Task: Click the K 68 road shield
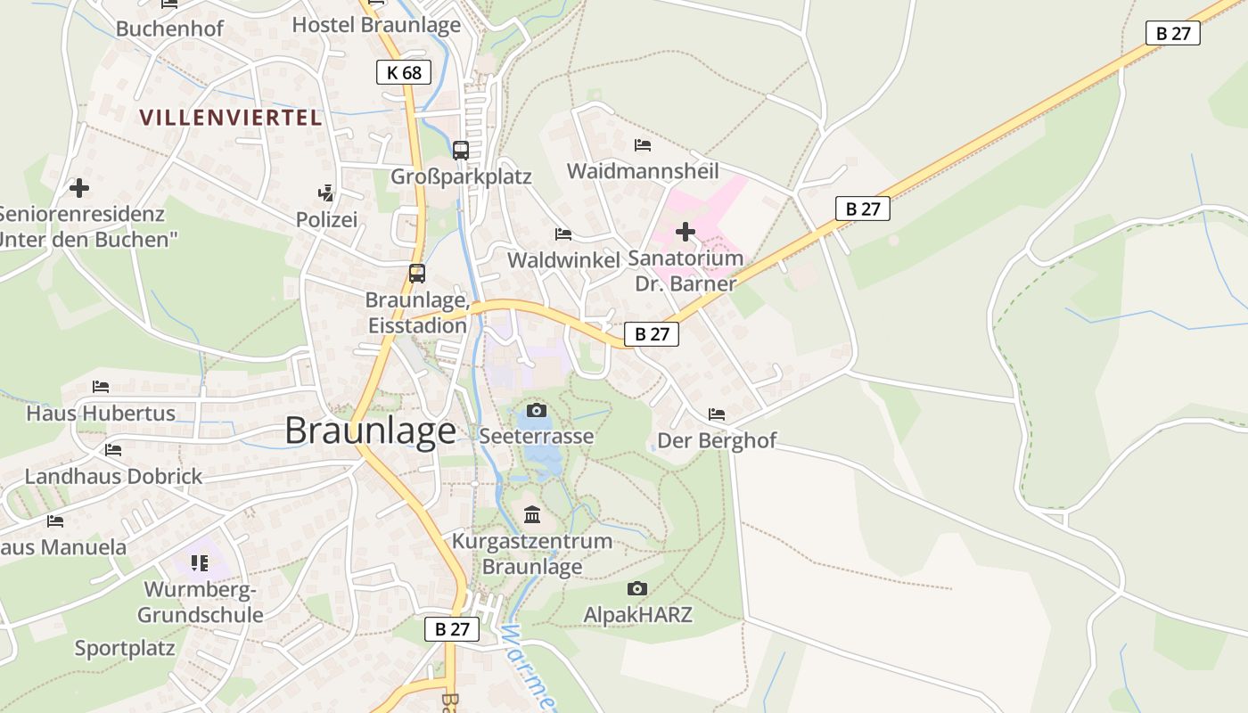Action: [404, 72]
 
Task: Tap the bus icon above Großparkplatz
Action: [460, 150]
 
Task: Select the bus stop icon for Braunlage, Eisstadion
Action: [416, 274]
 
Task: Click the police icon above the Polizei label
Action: [325, 192]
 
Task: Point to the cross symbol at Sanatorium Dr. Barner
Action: [685, 232]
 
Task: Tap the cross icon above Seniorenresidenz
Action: [79, 188]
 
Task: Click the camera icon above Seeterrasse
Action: [536, 410]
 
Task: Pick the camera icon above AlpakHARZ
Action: [636, 588]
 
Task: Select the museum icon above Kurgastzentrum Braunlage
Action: [532, 514]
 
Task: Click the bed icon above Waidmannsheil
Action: [642, 144]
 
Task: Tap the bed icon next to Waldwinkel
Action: [562, 234]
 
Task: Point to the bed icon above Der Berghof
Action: [716, 414]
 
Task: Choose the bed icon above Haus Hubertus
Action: [101, 387]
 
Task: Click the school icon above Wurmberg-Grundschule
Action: [199, 562]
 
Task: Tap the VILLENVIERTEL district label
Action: [231, 117]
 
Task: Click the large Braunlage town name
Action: [370, 430]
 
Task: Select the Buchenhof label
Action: [169, 28]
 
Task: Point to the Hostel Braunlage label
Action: [376, 24]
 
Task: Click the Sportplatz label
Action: [125, 648]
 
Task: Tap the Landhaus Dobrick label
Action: [113, 476]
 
